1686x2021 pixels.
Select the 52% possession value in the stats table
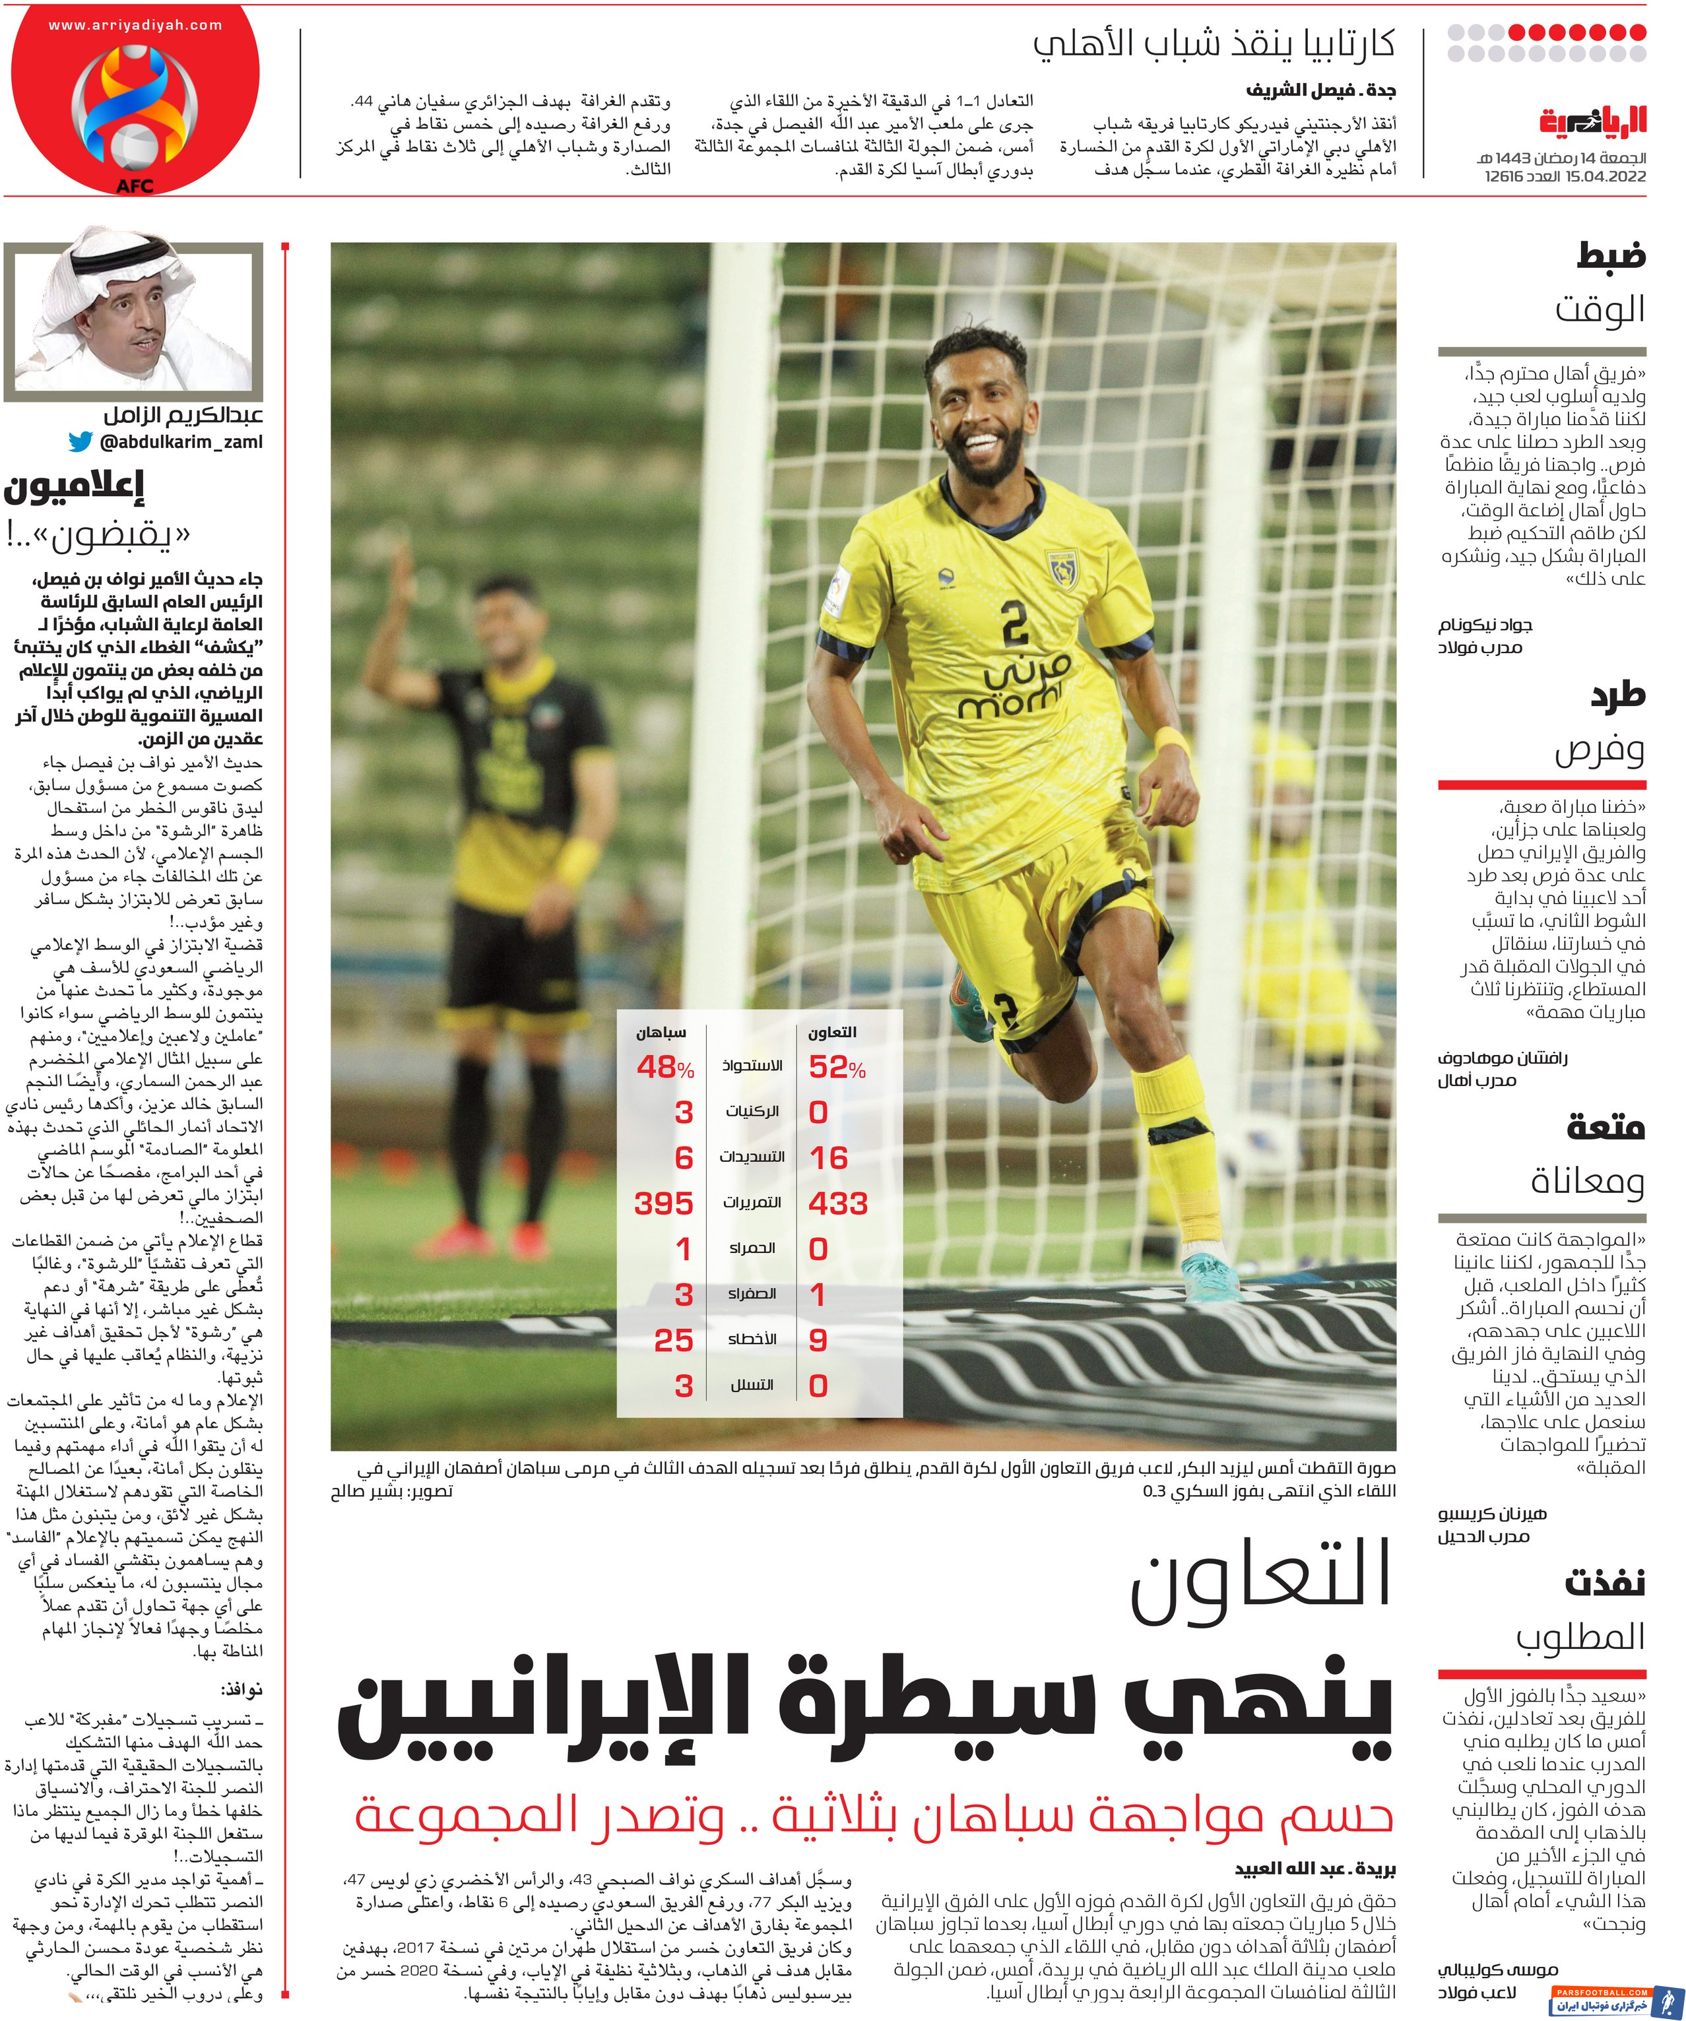(836, 1068)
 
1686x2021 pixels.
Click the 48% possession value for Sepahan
(664, 1068)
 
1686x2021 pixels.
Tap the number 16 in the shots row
(829, 1158)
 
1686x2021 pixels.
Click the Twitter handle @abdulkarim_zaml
(181, 443)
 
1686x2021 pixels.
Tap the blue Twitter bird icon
(81, 443)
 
